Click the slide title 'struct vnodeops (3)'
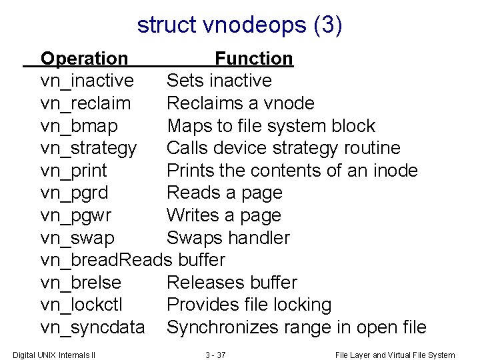coord(239,25)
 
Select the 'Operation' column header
coord(84,59)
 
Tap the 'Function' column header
coord(253,59)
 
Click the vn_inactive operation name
coord(87,81)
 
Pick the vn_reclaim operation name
coord(85,103)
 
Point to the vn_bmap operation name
coord(79,126)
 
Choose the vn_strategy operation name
coord(89,148)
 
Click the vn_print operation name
coord(73,171)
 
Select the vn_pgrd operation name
coord(73,193)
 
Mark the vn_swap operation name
coord(77,238)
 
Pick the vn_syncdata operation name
coord(92,327)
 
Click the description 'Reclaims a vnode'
coord(240,103)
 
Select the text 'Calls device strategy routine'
coord(283,148)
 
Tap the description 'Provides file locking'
coord(249,305)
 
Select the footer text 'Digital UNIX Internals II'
coord(54,355)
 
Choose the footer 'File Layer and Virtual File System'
coord(395,355)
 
